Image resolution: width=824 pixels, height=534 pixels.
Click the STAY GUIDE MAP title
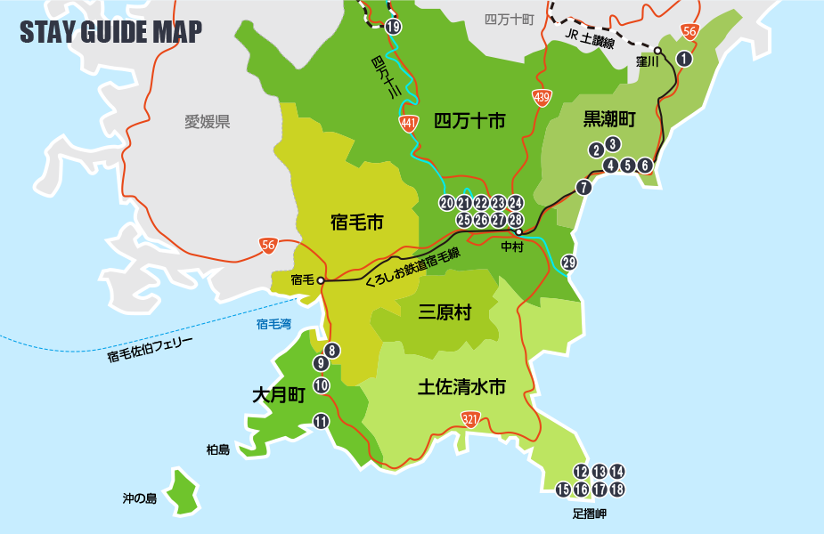pos(110,32)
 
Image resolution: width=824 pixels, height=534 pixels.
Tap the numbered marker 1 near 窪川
pos(684,59)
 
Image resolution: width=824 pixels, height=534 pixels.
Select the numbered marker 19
pos(394,27)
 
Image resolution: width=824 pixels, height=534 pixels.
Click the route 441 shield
pos(409,124)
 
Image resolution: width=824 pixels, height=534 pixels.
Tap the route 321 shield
pos(469,418)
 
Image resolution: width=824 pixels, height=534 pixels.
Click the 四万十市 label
pos(469,120)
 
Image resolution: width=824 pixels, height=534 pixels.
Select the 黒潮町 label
pos(609,118)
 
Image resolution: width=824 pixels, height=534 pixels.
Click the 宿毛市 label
pos(356,222)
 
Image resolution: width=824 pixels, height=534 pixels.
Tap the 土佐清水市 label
pos(461,387)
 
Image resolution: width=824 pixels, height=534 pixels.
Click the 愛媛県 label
pos(208,122)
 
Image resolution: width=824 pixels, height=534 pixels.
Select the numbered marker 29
pos(569,262)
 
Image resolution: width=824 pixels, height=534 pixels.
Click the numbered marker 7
pos(583,187)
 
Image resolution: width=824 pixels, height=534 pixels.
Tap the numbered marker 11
pos(322,422)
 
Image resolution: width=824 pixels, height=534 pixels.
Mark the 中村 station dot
pos(518,232)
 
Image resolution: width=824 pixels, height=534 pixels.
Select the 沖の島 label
pos(140,498)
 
